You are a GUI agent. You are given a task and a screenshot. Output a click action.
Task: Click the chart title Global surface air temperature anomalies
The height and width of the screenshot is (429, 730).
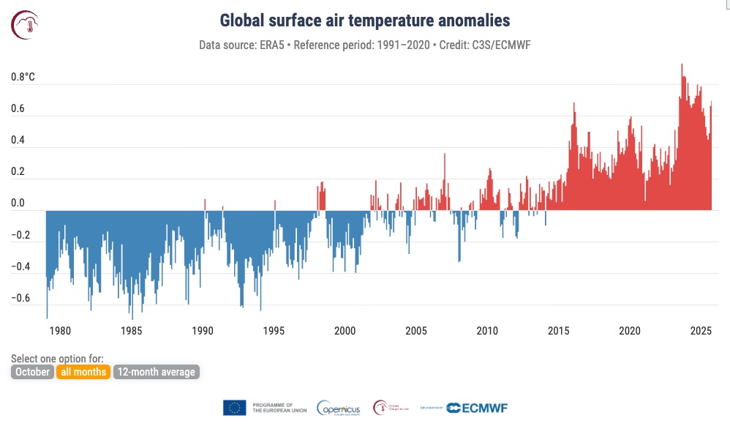(365, 20)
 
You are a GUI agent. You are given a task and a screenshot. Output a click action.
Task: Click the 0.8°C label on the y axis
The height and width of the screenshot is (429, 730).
(23, 77)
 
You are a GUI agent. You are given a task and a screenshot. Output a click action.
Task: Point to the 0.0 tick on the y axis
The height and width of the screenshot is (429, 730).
(18, 204)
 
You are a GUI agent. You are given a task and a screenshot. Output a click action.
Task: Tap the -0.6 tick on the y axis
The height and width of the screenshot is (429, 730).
(20, 298)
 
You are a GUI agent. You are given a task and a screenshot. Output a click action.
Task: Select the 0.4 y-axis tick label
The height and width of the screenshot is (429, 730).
(18, 140)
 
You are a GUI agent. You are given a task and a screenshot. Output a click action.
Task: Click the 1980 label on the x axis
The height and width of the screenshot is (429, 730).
(60, 331)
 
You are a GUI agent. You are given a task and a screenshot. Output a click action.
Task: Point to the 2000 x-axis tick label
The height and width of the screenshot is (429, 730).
(345, 331)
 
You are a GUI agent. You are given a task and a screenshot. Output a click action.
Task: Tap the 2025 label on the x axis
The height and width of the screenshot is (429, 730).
(701, 331)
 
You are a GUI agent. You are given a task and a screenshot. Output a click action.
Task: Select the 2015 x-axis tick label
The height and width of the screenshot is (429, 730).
(559, 331)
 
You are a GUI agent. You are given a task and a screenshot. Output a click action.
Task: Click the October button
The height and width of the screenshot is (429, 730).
(33, 372)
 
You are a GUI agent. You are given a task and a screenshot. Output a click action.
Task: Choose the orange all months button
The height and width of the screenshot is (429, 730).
(84, 372)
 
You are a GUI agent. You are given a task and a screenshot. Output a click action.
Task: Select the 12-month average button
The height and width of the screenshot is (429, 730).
(156, 372)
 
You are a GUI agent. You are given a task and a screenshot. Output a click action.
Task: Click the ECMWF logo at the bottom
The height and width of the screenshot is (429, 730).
(477, 408)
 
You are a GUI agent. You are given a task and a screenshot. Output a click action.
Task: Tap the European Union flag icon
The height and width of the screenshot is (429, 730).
(234, 408)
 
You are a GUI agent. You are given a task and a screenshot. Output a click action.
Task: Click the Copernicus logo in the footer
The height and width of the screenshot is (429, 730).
(337, 408)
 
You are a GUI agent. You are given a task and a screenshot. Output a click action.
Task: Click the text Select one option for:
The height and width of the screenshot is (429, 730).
(57, 359)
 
